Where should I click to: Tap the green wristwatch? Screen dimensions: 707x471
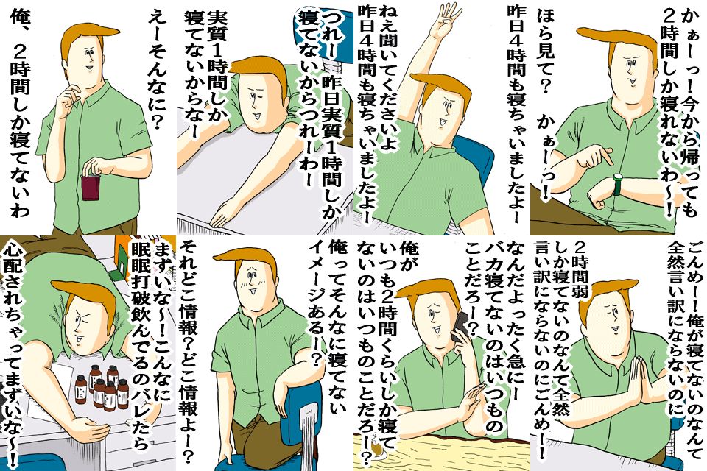pos(617,185)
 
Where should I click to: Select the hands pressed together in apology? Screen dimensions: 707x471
pos(641,379)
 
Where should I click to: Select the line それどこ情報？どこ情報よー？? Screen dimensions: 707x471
pos(186,351)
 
